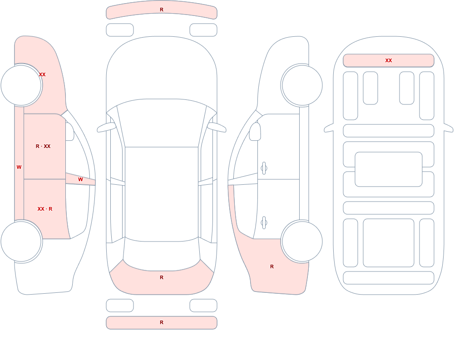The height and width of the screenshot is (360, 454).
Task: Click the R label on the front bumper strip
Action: [x=162, y=10]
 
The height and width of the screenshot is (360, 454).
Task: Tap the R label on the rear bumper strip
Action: [x=162, y=322]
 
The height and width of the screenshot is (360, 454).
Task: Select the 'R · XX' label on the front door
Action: [x=43, y=146]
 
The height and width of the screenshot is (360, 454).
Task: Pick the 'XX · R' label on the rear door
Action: [x=45, y=209]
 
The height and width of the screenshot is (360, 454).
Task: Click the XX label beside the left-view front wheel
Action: [x=42, y=74]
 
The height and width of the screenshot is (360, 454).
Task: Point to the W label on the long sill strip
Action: [x=19, y=167]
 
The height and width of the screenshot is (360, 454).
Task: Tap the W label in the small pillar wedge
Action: [x=80, y=180]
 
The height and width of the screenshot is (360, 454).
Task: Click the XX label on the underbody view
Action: [x=389, y=60]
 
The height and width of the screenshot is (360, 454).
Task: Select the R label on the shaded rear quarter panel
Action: [x=272, y=266]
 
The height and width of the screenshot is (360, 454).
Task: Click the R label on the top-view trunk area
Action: [x=162, y=277]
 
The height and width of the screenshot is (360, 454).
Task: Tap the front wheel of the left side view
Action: [x=21, y=85]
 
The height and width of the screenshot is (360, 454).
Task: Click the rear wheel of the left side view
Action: [x=21, y=241]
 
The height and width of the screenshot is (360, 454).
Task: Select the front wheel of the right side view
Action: [x=302, y=85]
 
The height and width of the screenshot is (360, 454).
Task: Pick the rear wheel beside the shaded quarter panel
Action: [x=302, y=241]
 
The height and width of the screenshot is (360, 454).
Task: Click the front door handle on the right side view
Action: [x=264, y=168]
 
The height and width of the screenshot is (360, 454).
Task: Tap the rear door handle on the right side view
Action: [x=264, y=222]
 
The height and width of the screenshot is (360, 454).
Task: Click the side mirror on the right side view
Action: [x=255, y=132]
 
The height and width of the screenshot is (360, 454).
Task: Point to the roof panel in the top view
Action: [x=162, y=194]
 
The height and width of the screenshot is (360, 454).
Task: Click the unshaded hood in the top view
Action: [x=162, y=68]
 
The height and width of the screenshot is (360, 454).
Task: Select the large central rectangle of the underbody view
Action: [x=389, y=169]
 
